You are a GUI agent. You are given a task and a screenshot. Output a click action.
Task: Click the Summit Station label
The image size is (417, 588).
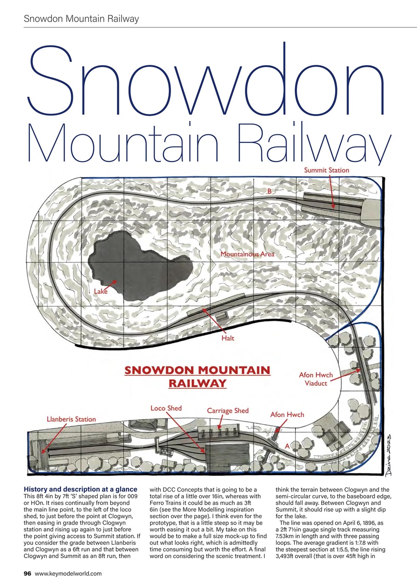click(326, 170)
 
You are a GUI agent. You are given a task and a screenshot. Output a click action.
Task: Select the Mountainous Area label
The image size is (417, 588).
click(247, 254)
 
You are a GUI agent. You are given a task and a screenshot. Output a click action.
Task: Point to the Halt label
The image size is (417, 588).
click(227, 338)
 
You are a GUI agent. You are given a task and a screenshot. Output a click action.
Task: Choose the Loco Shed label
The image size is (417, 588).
click(166, 408)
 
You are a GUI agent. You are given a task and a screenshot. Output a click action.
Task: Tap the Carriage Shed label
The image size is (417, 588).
click(227, 410)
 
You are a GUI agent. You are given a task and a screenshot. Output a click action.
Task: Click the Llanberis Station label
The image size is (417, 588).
click(71, 419)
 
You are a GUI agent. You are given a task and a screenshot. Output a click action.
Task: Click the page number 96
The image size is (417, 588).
click(28, 573)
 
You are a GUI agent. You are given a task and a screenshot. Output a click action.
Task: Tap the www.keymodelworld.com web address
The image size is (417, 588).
click(68, 573)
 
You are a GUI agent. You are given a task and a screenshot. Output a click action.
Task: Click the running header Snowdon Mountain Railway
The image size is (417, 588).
click(81, 19)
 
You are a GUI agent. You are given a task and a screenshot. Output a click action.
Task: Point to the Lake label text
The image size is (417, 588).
click(101, 291)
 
